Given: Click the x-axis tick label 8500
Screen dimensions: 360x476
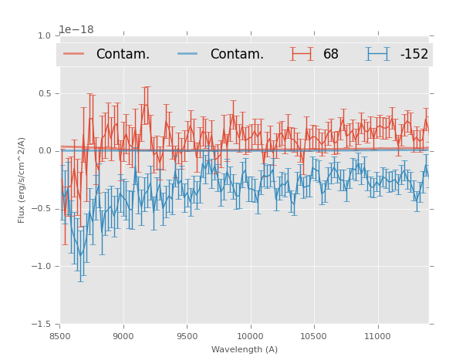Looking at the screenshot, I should pyautogui.click(x=59, y=336).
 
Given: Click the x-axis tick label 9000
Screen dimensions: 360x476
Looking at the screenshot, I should pyautogui.click(x=123, y=336).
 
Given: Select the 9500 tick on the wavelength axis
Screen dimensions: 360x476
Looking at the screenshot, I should pyautogui.click(x=187, y=336).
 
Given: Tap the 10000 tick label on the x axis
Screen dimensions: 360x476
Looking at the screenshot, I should pyautogui.click(x=250, y=336).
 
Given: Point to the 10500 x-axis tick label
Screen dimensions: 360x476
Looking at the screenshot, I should pyautogui.click(x=314, y=336).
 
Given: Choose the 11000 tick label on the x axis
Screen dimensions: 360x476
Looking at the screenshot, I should pyautogui.click(x=377, y=336).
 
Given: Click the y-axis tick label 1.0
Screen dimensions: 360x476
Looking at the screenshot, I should pyautogui.click(x=43, y=36).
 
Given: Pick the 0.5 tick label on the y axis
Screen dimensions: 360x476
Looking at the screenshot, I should pyautogui.click(x=43, y=94).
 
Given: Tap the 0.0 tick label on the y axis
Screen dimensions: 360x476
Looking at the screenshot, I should pyautogui.click(x=43, y=151).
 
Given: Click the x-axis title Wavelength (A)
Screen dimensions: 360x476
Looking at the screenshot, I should pyautogui.click(x=245, y=349).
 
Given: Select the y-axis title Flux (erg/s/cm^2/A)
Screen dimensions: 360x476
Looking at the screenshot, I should pyautogui.click(x=22, y=180).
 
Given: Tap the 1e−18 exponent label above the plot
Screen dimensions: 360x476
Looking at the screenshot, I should pyautogui.click(x=76, y=29).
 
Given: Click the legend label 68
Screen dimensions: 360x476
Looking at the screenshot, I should pyautogui.click(x=331, y=54).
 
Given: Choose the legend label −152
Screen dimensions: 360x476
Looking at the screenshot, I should pyautogui.click(x=414, y=54).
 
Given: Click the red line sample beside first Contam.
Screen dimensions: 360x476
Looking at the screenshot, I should pyautogui.click(x=74, y=54).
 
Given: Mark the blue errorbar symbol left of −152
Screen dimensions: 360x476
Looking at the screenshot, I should pyautogui.click(x=378, y=54).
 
